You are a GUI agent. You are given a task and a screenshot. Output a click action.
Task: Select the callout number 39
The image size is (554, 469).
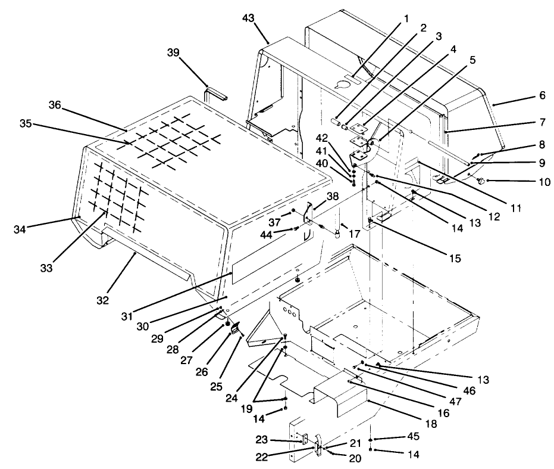click(x=173, y=52)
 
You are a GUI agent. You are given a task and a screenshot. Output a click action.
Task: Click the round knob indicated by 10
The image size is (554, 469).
click(x=481, y=179)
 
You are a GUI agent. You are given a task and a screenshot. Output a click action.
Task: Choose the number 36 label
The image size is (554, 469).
click(x=55, y=105)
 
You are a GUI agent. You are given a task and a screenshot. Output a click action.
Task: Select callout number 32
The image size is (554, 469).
click(x=103, y=300)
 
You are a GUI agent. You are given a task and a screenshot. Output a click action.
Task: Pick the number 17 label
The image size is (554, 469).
click(x=355, y=235)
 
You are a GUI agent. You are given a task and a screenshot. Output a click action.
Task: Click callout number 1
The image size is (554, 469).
click(x=406, y=18)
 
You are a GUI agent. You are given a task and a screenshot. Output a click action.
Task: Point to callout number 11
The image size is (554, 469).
click(x=516, y=209)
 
